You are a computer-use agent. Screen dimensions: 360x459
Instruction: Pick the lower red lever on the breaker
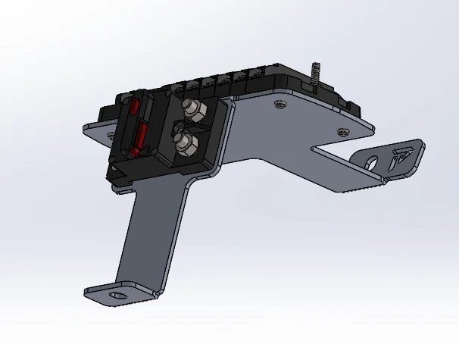[139, 139]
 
